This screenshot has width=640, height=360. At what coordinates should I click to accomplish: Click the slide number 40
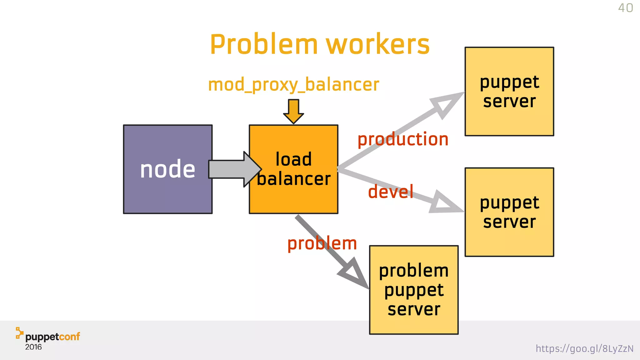(625, 8)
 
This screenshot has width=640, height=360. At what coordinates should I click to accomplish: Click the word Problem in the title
(264, 44)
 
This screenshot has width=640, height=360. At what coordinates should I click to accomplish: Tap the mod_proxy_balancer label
(293, 85)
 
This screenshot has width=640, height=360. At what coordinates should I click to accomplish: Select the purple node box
(168, 169)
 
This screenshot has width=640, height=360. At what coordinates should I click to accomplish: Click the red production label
(403, 139)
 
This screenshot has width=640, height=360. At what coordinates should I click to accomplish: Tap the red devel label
(391, 192)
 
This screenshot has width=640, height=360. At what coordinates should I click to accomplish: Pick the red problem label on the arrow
(322, 243)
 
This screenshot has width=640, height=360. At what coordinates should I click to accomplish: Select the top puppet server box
(509, 92)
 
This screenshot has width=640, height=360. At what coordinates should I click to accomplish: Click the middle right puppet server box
(509, 212)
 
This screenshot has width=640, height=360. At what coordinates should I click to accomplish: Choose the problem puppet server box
(414, 290)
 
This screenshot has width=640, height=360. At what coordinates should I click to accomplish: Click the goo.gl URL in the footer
(584, 348)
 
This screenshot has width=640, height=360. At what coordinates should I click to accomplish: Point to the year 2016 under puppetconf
(33, 347)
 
